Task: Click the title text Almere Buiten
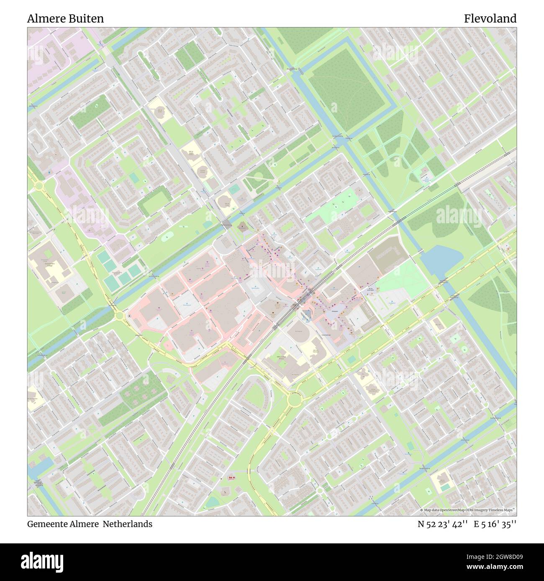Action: coord(66,19)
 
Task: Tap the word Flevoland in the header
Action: coord(490,19)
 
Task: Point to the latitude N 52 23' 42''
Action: coord(442,524)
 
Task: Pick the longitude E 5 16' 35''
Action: coord(495,524)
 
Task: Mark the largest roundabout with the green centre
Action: coord(295,400)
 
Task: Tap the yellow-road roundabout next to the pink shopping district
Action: coord(119,316)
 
